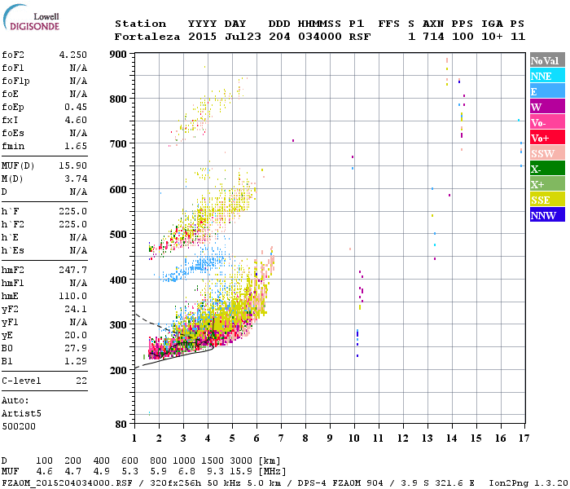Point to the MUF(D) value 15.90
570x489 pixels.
[x=72, y=165]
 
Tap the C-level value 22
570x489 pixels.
[x=81, y=381]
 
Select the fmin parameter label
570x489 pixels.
[x=13, y=146]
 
